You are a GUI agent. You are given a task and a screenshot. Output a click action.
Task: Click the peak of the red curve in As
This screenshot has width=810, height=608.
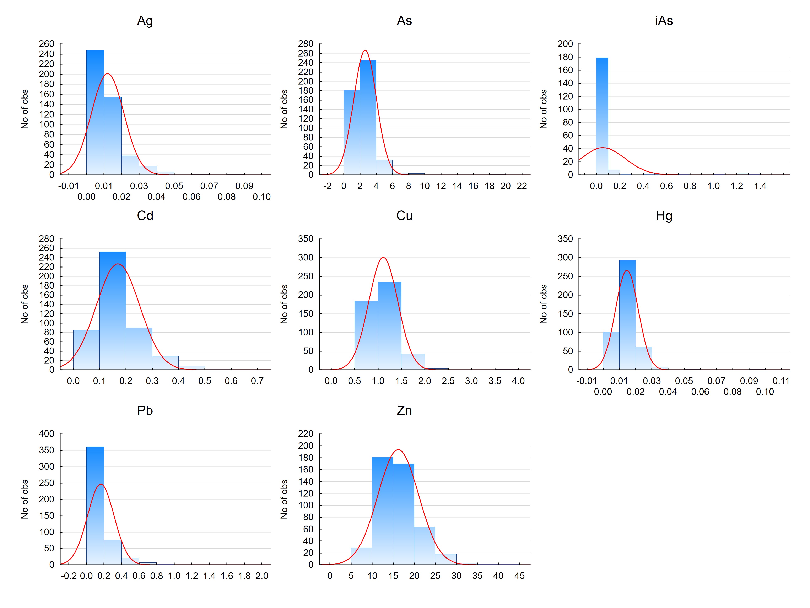click(x=365, y=50)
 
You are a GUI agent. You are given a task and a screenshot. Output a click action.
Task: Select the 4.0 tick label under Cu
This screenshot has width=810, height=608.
click(x=518, y=381)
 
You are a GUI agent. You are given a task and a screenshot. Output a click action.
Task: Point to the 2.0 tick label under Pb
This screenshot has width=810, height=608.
click(x=262, y=576)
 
